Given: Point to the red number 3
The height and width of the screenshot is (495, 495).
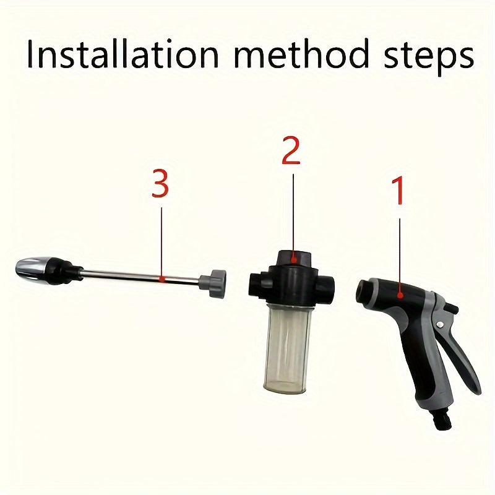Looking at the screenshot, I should [x=160, y=184].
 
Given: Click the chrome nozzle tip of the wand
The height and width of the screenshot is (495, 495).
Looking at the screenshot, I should [x=31, y=269].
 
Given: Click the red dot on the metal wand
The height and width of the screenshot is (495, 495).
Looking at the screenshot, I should [x=161, y=278].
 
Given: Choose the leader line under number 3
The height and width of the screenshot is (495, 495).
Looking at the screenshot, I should [x=161, y=241].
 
